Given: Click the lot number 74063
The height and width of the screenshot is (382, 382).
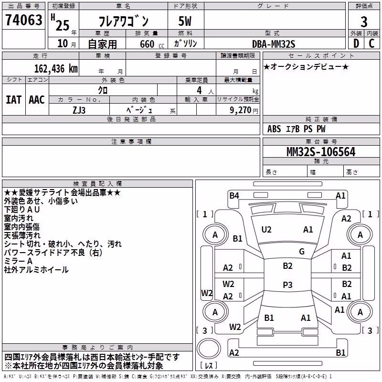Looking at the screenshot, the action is pyautogui.click(x=23, y=20).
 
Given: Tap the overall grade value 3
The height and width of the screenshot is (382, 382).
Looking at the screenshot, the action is pyautogui.click(x=364, y=21).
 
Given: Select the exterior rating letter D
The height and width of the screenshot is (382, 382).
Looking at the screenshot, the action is pyautogui.click(x=356, y=43).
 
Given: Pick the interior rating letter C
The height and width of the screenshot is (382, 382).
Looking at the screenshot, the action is pyautogui.click(x=371, y=43).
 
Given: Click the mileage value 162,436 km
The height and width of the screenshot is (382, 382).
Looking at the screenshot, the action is pyautogui.click(x=56, y=69).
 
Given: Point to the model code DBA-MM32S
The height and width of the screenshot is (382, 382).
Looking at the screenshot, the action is pyautogui.click(x=274, y=44).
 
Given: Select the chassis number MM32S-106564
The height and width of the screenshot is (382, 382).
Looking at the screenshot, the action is pyautogui.click(x=321, y=152).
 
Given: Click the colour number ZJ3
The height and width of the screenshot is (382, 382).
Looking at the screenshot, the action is pyautogui.click(x=79, y=110).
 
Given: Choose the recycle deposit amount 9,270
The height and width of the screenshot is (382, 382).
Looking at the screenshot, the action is pyautogui.click(x=240, y=110).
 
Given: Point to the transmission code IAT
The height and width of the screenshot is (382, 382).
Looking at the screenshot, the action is pyautogui.click(x=13, y=100).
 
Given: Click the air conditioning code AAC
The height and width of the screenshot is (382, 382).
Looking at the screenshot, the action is pyautogui.click(x=37, y=100).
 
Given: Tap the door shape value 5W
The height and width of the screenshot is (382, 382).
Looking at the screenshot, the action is pyautogui.click(x=185, y=21).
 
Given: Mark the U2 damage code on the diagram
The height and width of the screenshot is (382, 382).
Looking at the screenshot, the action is pyautogui.click(x=266, y=230).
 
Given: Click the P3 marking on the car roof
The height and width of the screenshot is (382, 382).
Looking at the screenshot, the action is pyautogui.click(x=287, y=285).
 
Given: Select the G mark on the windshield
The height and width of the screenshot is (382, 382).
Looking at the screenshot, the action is pyautogui.click(x=302, y=251).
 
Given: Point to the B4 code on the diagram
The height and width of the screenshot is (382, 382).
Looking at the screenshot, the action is pyautogui.click(x=234, y=195).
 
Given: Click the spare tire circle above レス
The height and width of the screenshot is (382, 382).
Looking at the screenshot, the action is pyautogui.click(x=209, y=349).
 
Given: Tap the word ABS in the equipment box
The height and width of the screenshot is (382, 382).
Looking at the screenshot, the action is pyautogui.click(x=274, y=129).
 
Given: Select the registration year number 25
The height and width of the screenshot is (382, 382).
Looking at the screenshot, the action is pyautogui.click(x=63, y=25).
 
